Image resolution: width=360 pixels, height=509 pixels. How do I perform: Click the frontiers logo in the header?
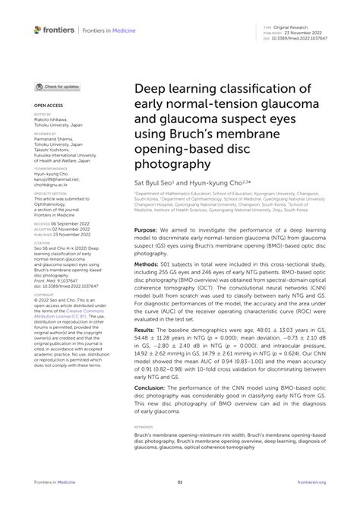[x=54, y=30]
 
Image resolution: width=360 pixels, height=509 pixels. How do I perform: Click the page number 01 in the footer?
[x=180, y=482]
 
